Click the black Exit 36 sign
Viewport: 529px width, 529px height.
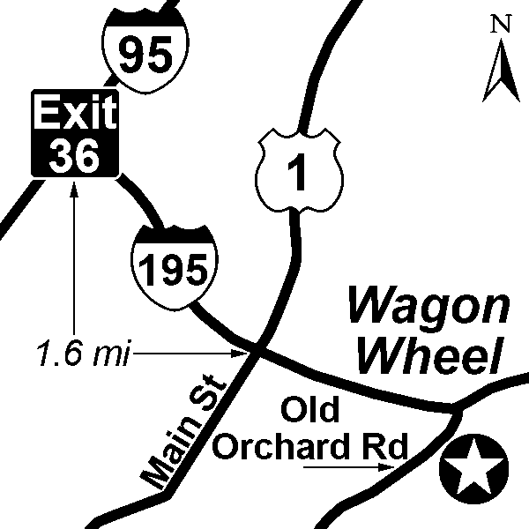click(75, 131)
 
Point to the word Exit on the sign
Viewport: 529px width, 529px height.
click(75, 112)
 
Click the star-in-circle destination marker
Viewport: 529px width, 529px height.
click(474, 467)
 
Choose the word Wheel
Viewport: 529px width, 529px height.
click(429, 354)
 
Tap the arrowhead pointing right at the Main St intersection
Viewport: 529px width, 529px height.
click(246, 354)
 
